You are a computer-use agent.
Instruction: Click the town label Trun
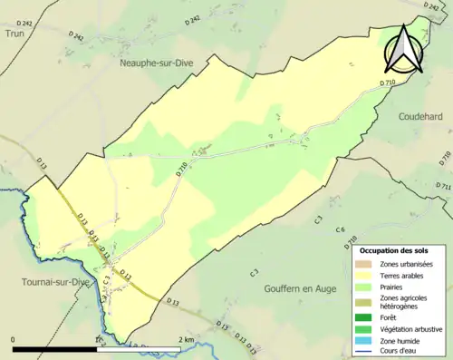14,33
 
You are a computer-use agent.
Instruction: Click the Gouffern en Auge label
292,287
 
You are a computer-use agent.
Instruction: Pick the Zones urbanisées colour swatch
365,264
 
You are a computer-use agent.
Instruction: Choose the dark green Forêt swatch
365,317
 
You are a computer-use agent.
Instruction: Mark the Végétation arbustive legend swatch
365,329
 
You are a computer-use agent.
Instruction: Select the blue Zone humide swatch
365,341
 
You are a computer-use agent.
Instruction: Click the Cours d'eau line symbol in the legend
365,353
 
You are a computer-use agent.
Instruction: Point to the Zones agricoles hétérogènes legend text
404,302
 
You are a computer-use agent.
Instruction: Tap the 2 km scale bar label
186,339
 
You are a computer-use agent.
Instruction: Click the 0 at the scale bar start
14,339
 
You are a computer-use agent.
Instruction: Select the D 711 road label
443,187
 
